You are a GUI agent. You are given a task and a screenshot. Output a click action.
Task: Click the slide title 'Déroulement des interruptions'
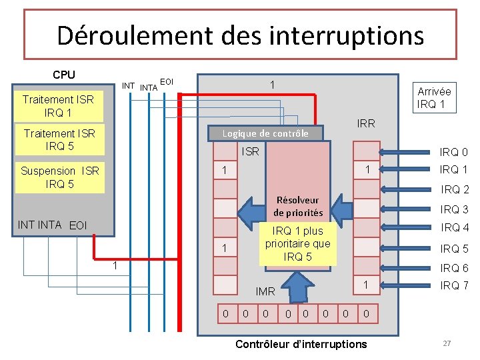pos(240,35)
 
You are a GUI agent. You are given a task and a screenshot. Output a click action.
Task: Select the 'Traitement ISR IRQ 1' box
pos(58,105)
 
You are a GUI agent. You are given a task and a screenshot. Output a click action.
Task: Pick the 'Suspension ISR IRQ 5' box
pos(59,177)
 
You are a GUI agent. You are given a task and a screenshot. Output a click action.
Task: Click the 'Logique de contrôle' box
pos(265,133)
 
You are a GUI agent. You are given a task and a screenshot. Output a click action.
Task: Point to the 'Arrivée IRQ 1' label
pos(433,98)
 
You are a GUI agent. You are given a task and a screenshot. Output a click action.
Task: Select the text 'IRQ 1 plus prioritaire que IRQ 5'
pos(297,244)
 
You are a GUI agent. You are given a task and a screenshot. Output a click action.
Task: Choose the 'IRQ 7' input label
pos(455,285)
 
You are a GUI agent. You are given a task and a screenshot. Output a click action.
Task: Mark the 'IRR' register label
pos(366,123)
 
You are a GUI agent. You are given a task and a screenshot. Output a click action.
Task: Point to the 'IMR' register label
pos(265,291)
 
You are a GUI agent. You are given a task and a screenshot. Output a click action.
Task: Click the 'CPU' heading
pos(64,75)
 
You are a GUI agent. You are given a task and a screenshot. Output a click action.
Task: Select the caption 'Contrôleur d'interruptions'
pos(301,344)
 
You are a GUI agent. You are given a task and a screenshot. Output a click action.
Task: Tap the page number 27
pos(447,343)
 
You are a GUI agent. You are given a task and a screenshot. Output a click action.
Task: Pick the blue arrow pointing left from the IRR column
pos(341,209)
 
